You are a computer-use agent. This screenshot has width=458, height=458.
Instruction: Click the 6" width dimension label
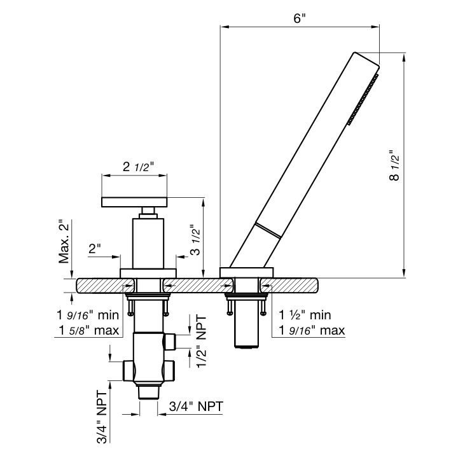[300, 18]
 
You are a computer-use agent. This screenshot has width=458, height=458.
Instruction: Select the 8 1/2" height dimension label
[394, 165]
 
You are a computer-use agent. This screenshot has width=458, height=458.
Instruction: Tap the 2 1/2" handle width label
[138, 167]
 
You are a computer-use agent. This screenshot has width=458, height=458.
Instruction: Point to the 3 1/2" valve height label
[196, 240]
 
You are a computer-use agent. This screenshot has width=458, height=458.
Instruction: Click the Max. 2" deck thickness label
[64, 242]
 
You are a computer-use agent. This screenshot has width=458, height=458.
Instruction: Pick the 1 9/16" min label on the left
[88, 315]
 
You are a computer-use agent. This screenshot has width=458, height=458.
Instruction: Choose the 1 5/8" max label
[89, 330]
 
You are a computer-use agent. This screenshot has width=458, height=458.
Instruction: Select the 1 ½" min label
[305, 315]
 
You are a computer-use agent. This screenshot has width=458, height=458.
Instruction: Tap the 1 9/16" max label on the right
[312, 330]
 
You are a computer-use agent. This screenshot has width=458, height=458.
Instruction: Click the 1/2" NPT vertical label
[202, 342]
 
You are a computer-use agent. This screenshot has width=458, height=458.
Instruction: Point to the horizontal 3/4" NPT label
[196, 406]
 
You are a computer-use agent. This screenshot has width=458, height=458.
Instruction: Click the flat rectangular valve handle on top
[134, 202]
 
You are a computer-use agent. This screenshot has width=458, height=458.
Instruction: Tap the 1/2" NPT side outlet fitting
[170, 342]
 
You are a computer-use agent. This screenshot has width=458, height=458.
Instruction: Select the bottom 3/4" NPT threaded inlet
[149, 392]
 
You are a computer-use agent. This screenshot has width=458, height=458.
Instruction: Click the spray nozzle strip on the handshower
[363, 100]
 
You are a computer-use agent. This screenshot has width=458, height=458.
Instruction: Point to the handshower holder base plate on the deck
[247, 272]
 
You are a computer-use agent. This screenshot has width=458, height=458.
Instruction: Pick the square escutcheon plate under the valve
[148, 273]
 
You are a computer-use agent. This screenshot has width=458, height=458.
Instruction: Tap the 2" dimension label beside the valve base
[94, 249]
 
